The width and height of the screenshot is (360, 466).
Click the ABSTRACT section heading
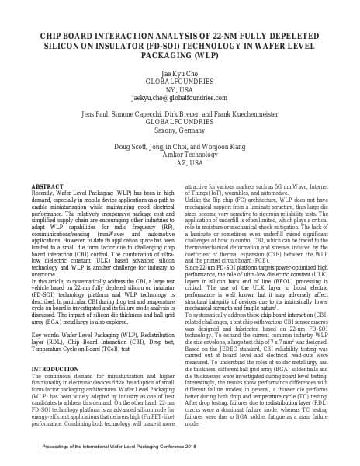pyautogui.click(x=49, y=187)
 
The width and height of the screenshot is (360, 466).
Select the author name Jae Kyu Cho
pyautogui.click(x=179, y=71)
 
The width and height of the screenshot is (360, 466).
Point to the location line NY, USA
pyautogui.click(x=179, y=90)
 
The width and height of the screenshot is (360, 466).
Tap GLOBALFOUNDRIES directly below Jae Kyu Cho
pyautogui.click(x=179, y=81)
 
